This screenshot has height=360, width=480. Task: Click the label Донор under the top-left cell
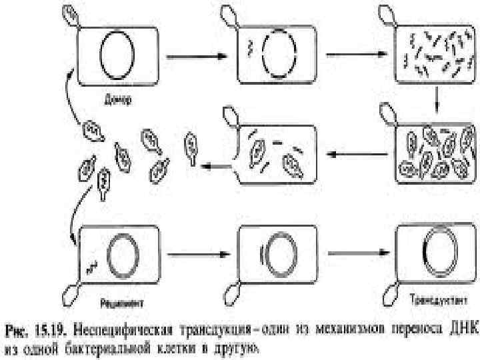point(119,102)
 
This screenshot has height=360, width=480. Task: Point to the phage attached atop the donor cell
point(71,16)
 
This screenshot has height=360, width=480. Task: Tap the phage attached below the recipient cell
point(70,294)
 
